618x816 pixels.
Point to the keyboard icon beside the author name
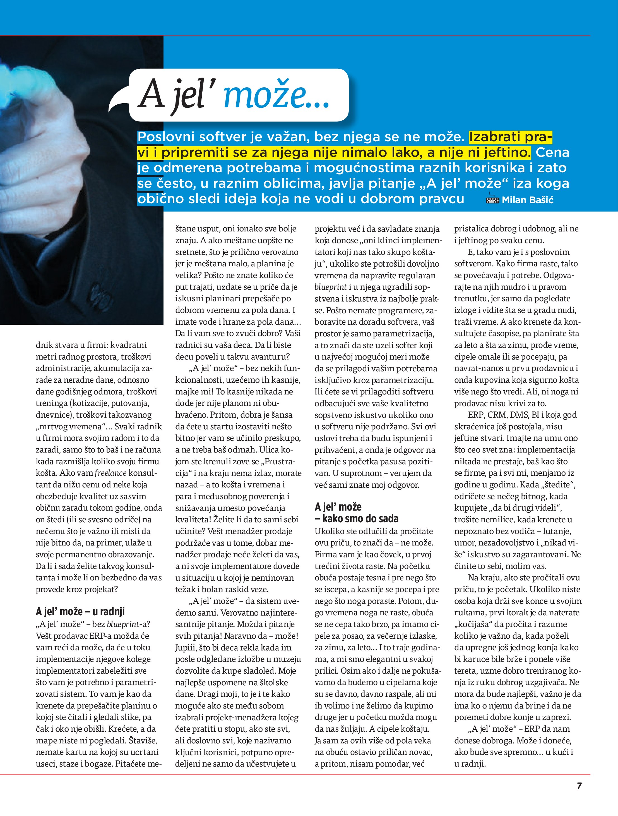(x=493, y=199)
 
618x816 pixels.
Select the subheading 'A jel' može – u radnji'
(x=80, y=612)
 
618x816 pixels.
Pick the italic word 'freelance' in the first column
(x=110, y=473)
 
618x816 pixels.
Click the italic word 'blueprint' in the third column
(x=330, y=287)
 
